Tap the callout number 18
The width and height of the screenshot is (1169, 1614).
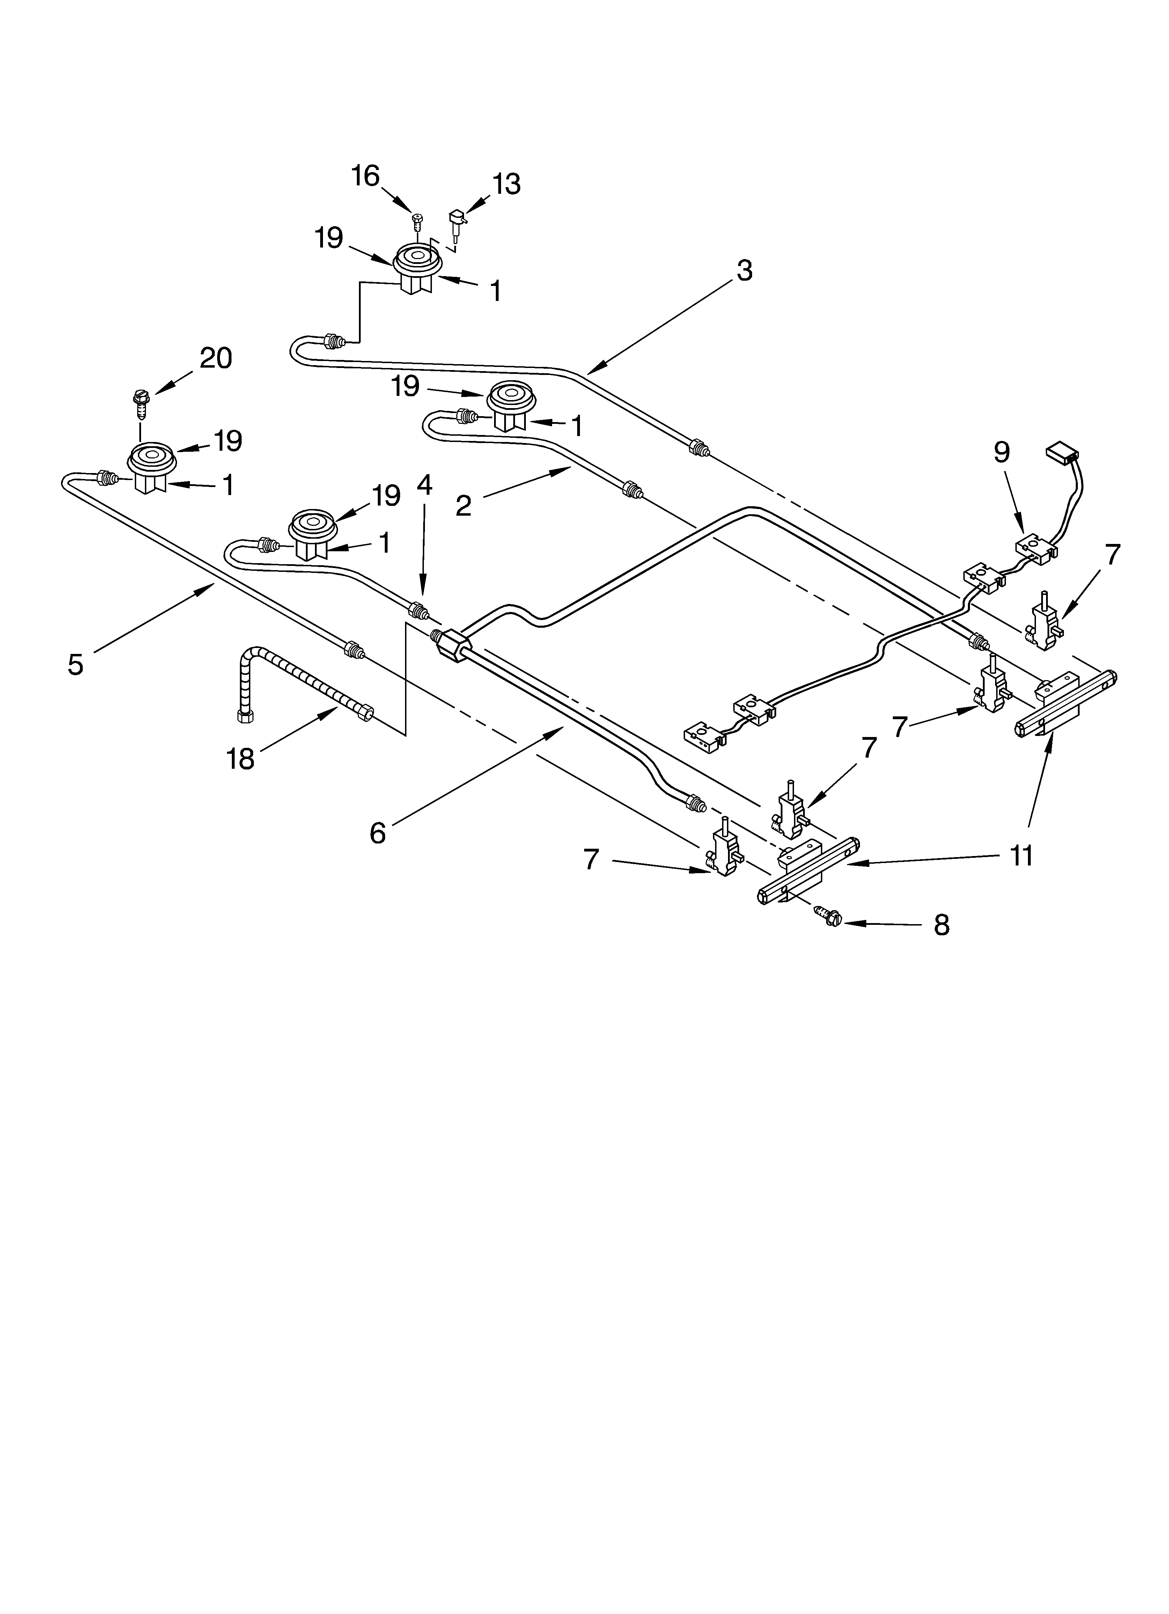[241, 759]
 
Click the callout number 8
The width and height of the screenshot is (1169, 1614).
[941, 925]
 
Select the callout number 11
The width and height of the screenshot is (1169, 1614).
[1021, 856]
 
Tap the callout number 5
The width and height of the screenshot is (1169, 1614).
[75, 664]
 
